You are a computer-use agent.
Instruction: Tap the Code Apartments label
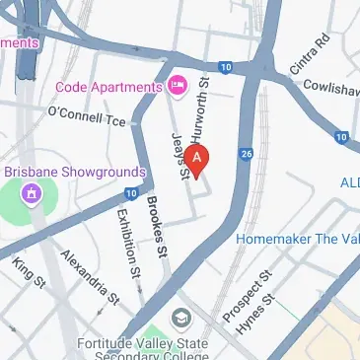click(x=108, y=86)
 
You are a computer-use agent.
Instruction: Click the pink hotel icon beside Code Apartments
click(x=178, y=86)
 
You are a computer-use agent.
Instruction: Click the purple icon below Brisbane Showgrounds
click(x=33, y=192)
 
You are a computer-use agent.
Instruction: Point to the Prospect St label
click(x=247, y=290)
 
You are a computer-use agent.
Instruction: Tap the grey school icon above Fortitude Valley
click(x=181, y=318)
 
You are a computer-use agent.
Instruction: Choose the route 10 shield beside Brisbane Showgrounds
click(x=131, y=195)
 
